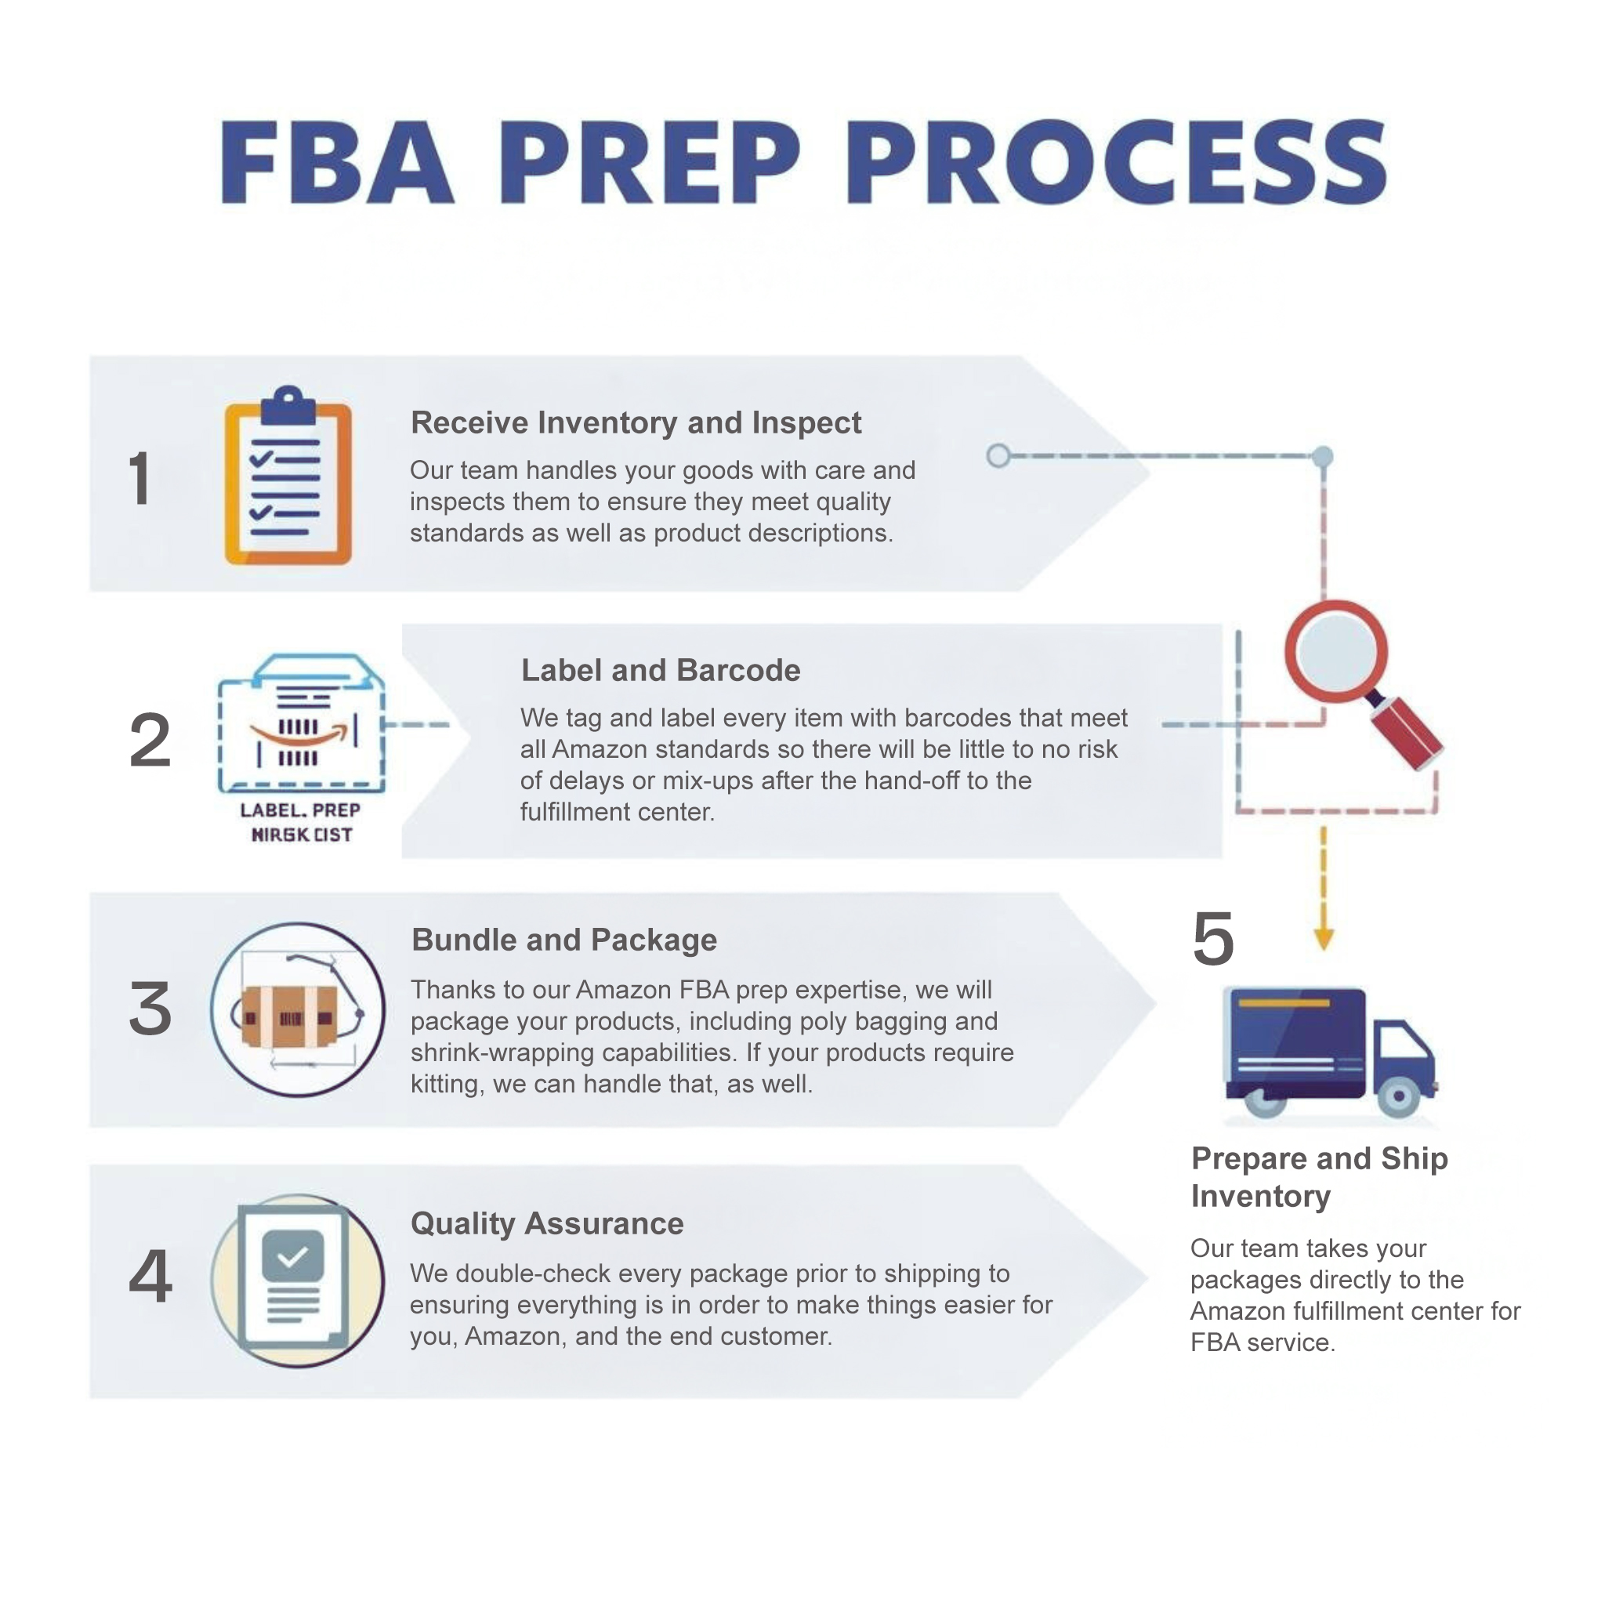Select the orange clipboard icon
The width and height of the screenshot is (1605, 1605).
pyautogui.click(x=288, y=478)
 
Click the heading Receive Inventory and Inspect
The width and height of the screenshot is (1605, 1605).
pyautogui.click(x=636, y=423)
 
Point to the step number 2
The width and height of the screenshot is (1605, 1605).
pyautogui.click(x=150, y=739)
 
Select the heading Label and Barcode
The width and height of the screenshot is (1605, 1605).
pyautogui.click(x=661, y=670)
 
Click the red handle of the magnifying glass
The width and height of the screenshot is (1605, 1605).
pyautogui.click(x=1407, y=732)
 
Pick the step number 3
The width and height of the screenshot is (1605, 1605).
pyautogui.click(x=150, y=1009)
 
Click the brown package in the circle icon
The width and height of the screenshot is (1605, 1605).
pyautogui.click(x=289, y=1016)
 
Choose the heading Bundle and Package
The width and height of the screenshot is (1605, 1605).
pyautogui.click(x=564, y=940)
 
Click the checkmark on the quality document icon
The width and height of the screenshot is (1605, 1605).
pyautogui.click(x=292, y=1255)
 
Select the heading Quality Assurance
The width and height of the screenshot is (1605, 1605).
pyautogui.click(x=547, y=1223)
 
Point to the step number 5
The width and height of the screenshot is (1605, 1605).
pyautogui.click(x=1213, y=939)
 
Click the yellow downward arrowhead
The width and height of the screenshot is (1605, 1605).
pyautogui.click(x=1324, y=940)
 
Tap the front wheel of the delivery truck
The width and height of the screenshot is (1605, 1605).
pyautogui.click(x=1398, y=1096)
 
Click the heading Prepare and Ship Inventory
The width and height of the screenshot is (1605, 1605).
pyautogui.click(x=1318, y=1177)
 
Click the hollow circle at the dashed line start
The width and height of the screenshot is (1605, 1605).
pyautogui.click(x=998, y=455)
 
